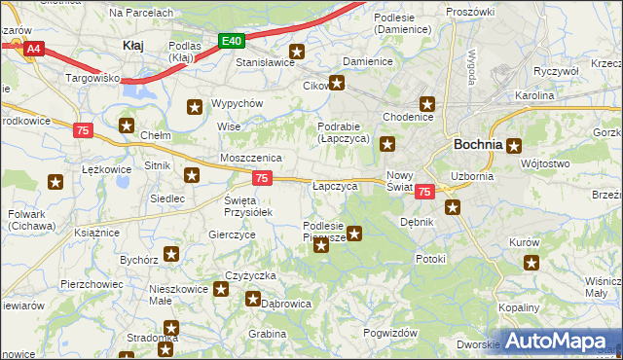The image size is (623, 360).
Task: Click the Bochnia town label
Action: (478, 144)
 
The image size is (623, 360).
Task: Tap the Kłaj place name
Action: (133, 45)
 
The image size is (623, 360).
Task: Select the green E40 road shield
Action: (231, 41)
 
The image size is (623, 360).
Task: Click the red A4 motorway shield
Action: (34, 48)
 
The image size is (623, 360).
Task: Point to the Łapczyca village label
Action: (337, 184)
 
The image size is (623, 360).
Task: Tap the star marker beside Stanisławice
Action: (298, 53)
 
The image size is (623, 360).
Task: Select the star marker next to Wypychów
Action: (195, 107)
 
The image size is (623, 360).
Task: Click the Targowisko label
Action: (92, 76)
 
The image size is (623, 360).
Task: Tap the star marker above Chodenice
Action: (426, 103)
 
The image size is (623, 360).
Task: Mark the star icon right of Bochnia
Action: (514, 146)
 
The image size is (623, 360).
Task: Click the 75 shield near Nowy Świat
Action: (423, 193)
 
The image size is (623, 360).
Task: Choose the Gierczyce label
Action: (233, 234)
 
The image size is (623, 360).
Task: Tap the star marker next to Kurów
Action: (531, 262)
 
